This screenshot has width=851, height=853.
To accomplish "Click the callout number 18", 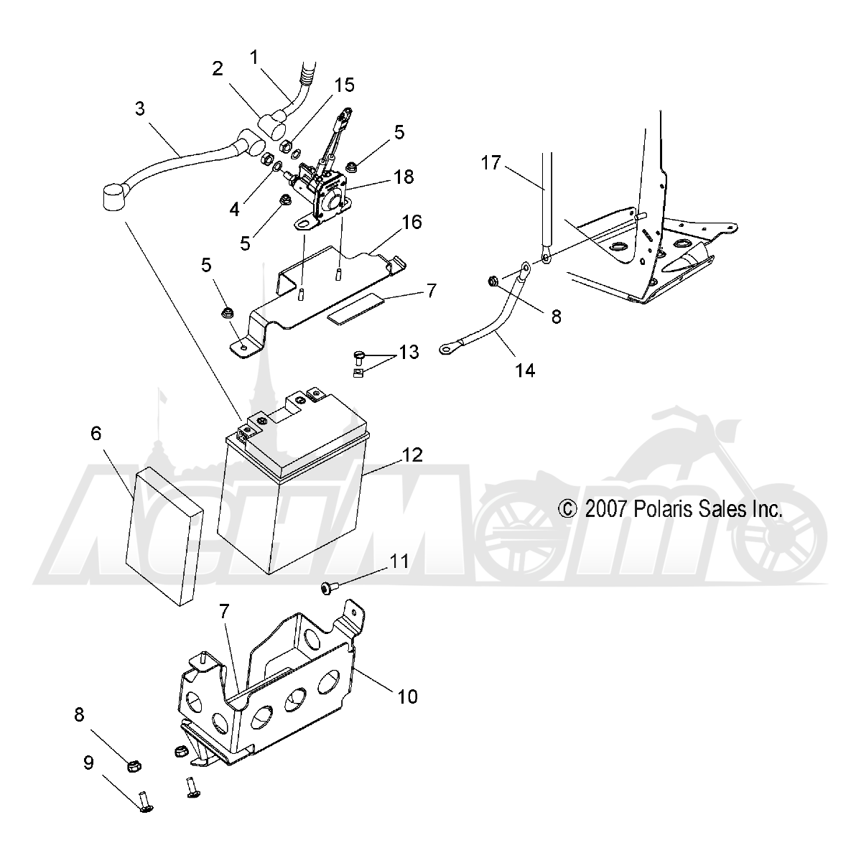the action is click(404, 177).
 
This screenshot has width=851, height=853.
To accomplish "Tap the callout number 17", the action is click(490, 163).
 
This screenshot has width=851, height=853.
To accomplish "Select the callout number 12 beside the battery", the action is click(412, 455).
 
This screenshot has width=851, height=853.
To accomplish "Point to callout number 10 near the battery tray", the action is click(407, 696).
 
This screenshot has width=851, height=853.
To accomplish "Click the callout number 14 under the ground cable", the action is click(525, 370).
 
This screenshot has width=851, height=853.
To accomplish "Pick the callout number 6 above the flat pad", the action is click(96, 434).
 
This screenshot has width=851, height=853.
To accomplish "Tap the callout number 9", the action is click(89, 762).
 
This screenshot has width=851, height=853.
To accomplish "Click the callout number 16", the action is click(412, 222).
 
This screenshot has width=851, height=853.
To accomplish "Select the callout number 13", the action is click(409, 353).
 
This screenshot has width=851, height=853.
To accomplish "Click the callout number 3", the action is click(140, 109).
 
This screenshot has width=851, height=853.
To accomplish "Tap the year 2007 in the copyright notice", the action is click(605, 509).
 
